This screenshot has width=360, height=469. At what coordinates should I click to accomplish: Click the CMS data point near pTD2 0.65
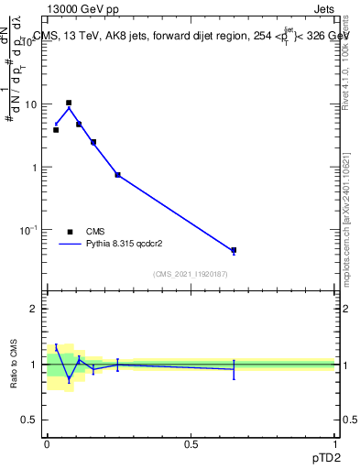(x=234, y=250)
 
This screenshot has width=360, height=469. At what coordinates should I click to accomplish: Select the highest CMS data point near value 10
(x=69, y=103)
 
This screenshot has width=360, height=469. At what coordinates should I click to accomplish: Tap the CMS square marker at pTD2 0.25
(x=117, y=174)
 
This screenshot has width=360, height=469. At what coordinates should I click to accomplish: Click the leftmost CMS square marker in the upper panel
(x=56, y=130)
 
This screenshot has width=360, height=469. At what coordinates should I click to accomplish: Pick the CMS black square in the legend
(x=70, y=232)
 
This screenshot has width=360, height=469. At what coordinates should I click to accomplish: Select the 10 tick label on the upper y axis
(x=31, y=104)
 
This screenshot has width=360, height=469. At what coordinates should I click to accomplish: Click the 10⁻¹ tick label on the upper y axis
(x=29, y=229)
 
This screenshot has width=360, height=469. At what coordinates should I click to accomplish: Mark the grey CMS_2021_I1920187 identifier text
(x=191, y=275)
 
